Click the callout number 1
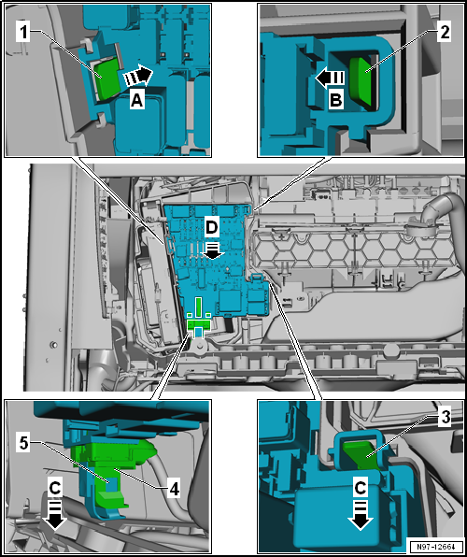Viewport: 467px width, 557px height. tap(23, 34)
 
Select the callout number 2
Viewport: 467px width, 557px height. tap(444, 33)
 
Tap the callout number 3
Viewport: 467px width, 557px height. tap(444, 419)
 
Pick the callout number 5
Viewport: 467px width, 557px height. tap(23, 445)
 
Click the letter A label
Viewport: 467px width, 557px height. tap(136, 101)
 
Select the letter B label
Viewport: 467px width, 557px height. tap(335, 101)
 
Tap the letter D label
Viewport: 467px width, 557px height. tap(212, 228)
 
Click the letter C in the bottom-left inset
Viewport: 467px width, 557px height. tap(55, 490)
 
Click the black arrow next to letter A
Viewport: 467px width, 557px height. tap(138, 77)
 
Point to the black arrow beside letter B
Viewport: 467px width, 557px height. tap(330, 78)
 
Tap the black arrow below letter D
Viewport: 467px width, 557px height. tap(212, 250)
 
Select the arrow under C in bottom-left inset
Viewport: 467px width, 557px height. tap(54, 515)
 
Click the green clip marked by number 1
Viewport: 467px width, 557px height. tap(108, 79)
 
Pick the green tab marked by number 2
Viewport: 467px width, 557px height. tap(361, 81)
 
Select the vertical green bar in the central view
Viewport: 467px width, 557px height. tap(199, 307)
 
